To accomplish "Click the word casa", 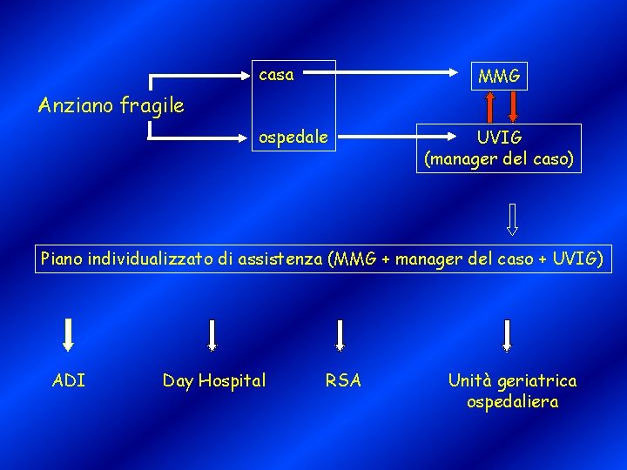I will click(x=276, y=75).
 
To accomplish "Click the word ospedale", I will click(x=291, y=137).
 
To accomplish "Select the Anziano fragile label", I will click(x=111, y=106).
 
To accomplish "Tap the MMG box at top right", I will click(x=499, y=77).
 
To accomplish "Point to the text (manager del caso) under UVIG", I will click(x=499, y=159).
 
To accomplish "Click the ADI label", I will click(x=69, y=380).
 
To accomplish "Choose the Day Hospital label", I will click(x=214, y=380).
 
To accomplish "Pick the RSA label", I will click(x=343, y=380).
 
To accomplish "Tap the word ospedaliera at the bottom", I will click(x=512, y=402).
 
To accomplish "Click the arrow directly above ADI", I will click(x=69, y=335).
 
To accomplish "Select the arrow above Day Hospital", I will click(x=212, y=335).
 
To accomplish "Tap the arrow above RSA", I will click(x=340, y=335).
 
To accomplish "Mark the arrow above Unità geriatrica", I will click(x=508, y=335).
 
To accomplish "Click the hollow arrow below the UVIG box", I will click(x=512, y=219).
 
